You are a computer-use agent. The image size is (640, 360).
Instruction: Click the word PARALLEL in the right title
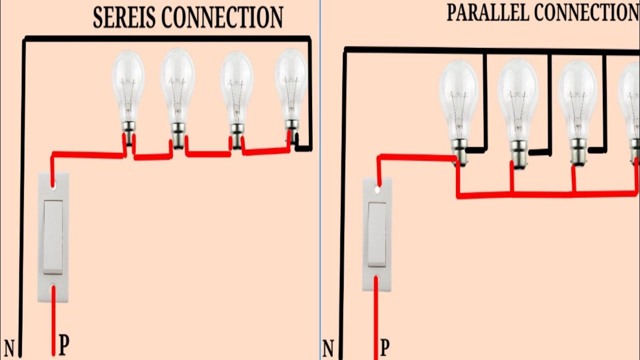pos(481,13)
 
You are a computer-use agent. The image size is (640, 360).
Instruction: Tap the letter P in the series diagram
pos(64,345)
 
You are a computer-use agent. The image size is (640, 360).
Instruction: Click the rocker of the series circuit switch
pos(53,237)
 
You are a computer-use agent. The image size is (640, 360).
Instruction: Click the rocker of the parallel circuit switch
pos(377,234)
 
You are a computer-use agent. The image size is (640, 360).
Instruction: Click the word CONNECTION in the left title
pos(223,18)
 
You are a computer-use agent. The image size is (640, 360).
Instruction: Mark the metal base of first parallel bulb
pos(459,150)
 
